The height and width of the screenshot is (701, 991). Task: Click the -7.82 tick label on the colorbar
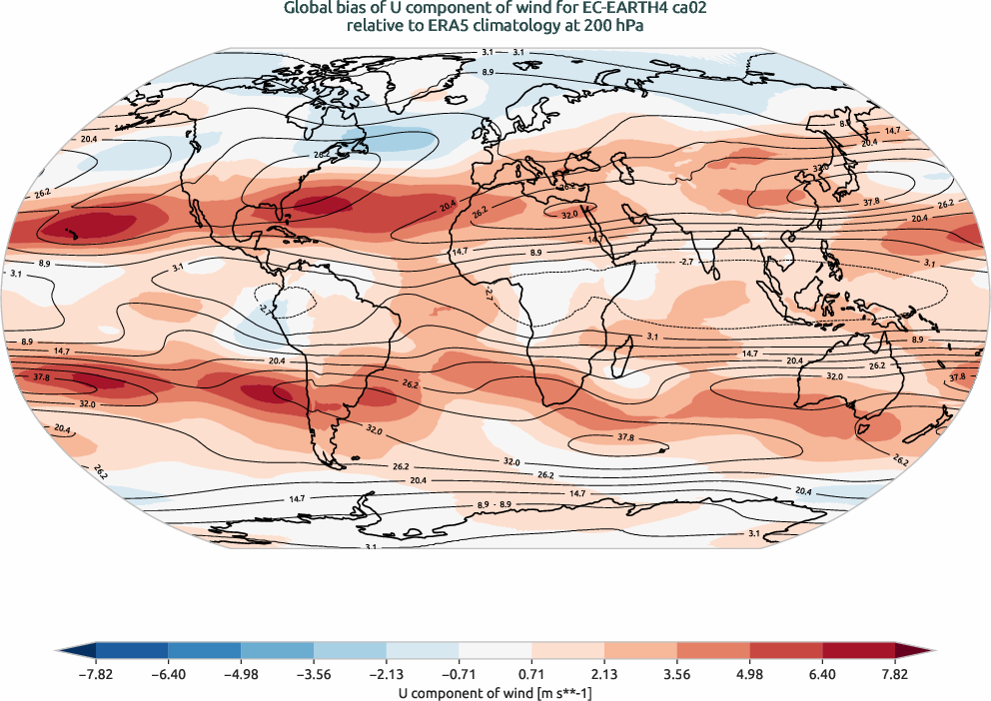click(96, 674)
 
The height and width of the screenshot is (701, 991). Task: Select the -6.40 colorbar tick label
click(169, 674)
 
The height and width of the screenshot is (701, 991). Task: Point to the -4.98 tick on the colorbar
click(242, 674)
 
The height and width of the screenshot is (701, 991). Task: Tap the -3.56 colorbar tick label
click(314, 674)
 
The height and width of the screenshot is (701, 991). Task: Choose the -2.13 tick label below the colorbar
click(387, 674)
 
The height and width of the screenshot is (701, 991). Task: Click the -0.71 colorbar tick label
click(460, 674)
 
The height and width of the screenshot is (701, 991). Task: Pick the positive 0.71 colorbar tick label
click(532, 674)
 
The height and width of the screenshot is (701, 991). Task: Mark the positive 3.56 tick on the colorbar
click(677, 674)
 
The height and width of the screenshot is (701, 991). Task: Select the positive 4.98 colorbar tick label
click(750, 674)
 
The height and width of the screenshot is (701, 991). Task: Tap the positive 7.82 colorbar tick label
click(895, 674)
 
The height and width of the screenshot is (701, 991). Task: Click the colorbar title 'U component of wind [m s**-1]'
click(495, 691)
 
